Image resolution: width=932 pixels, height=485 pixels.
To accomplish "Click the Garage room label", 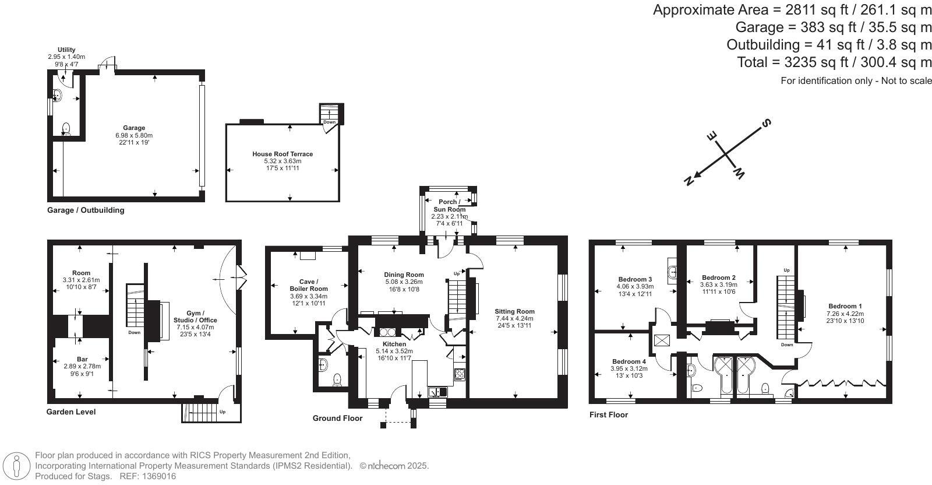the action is pos(134,128).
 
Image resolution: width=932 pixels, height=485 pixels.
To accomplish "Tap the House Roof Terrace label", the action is pos(283,154).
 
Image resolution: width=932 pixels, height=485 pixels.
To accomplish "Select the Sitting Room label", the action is pos(515,311).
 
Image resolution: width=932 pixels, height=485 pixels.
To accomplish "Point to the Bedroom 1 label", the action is pos(845,306).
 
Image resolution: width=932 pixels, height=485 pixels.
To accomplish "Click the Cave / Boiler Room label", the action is pos(309,285).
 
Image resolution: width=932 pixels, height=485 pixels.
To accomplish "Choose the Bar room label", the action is pos(82,359).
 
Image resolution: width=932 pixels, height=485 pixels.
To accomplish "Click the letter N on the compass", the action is pos(689,181).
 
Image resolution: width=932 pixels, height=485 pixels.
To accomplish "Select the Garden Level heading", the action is pos(71,412).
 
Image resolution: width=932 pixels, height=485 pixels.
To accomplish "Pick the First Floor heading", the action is pos(609,414).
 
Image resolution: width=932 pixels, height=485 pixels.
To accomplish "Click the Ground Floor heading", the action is pos(337,419).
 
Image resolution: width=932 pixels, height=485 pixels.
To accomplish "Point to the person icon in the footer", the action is pos(17,466).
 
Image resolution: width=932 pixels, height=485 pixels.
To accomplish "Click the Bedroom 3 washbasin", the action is pos(672,271).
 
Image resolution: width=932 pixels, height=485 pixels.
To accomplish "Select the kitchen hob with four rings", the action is pos(460,374).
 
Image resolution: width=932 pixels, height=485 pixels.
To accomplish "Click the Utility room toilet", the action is pos(66,129).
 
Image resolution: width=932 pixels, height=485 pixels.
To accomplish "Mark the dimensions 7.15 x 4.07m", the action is pos(195,327).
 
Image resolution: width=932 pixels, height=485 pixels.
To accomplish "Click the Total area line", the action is pos(834,62).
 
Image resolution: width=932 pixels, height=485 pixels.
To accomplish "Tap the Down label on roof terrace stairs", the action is pos(330,122).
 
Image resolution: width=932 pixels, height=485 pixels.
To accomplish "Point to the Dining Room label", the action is pos(404,275).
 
